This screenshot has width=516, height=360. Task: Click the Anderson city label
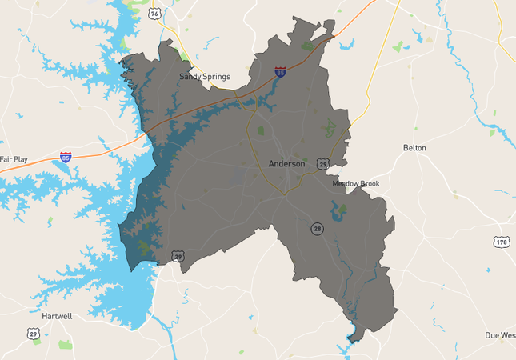point(286,163)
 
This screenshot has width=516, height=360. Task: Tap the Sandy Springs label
point(204,77)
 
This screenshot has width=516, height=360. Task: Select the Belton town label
point(414,148)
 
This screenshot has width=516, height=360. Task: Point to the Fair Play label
point(14,159)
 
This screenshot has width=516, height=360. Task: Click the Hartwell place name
point(57,316)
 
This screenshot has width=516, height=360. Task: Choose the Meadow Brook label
point(356,184)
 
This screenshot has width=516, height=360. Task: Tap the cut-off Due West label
point(500,335)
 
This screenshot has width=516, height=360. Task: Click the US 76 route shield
point(154,14)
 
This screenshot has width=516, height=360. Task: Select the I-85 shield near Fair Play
point(66,158)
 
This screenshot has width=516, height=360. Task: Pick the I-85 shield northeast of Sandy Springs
point(280,73)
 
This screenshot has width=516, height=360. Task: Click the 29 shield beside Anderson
point(322,163)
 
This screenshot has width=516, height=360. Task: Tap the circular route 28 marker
point(318,230)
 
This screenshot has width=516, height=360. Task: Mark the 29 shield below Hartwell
point(33,334)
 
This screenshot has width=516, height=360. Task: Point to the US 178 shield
point(502,242)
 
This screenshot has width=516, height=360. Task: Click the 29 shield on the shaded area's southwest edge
point(178,256)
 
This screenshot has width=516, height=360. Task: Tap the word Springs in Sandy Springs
point(216,77)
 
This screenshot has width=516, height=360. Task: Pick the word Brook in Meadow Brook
point(369,184)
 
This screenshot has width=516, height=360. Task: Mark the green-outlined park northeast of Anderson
point(329,126)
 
